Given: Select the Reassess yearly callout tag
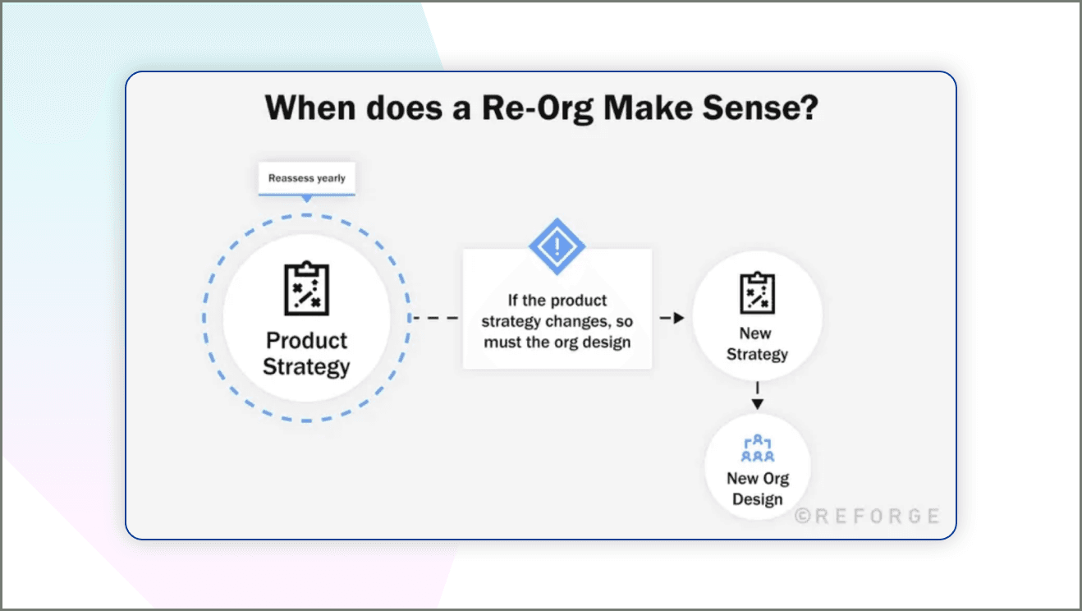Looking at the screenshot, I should point(307,178).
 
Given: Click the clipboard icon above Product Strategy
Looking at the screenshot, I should point(306,288).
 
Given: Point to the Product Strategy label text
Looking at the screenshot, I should point(306,353).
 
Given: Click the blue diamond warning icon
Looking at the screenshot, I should point(557,246).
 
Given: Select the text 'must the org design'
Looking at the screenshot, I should point(557,342).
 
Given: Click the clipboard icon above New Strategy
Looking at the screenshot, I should point(757,293).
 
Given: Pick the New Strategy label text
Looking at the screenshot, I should point(757,344).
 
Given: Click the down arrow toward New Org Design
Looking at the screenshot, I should point(758,402).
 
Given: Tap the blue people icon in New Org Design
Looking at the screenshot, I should point(757,448).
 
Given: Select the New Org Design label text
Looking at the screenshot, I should point(757,489).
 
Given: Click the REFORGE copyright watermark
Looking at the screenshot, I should point(866,516).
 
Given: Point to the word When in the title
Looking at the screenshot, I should point(313,108).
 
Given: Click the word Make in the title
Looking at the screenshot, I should point(640,108).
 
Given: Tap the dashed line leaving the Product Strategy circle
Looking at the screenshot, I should point(435,318).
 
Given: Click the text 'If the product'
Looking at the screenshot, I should point(557,301).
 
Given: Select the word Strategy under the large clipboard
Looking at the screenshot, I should point(306,366).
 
